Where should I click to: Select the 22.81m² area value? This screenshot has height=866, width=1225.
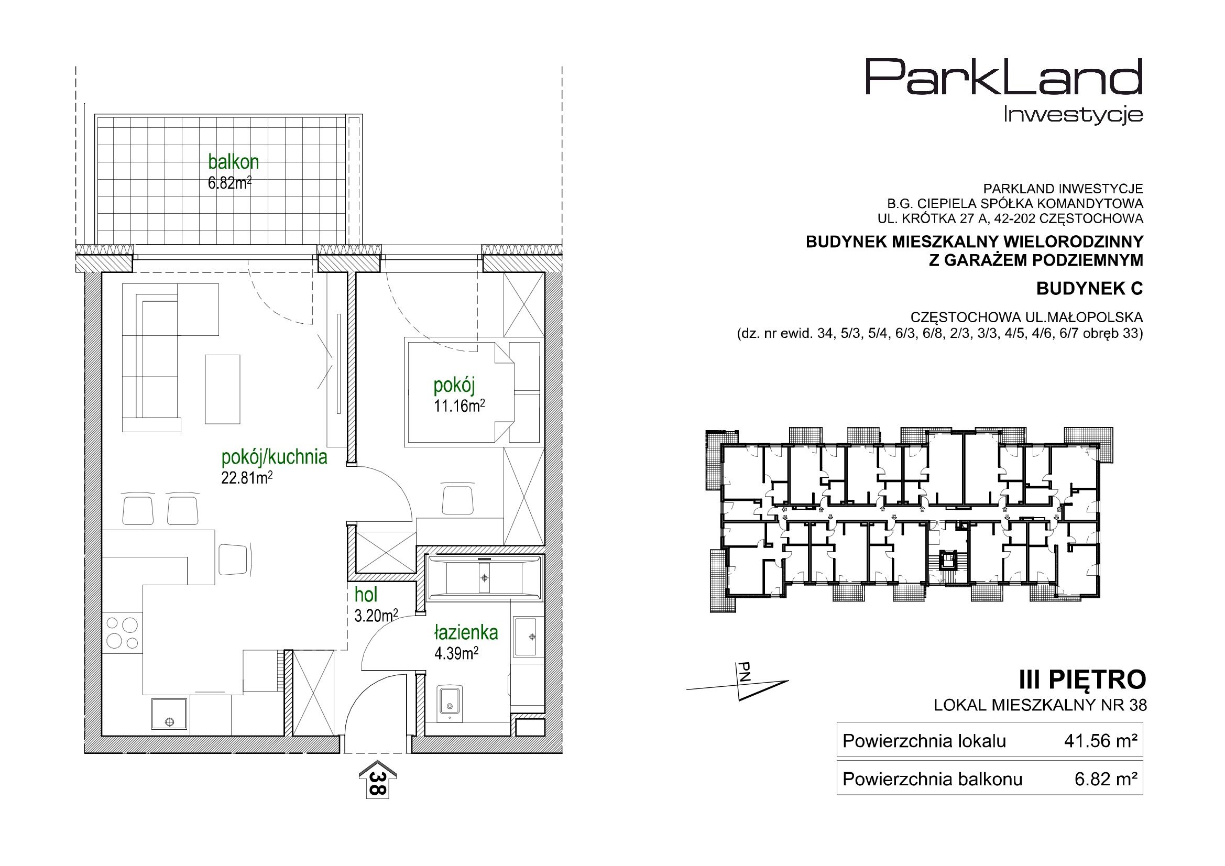[x=247, y=478]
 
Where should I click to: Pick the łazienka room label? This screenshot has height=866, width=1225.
[x=466, y=632]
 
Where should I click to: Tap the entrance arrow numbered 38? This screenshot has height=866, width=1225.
[x=377, y=779]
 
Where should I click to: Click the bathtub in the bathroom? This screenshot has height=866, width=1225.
[x=484, y=577]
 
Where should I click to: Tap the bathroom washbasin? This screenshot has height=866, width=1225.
[x=527, y=636]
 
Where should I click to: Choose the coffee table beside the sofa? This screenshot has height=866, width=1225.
[x=223, y=389]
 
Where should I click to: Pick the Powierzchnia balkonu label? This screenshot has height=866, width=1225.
[x=932, y=779]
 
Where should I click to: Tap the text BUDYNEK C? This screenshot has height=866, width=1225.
[x=1089, y=289]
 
